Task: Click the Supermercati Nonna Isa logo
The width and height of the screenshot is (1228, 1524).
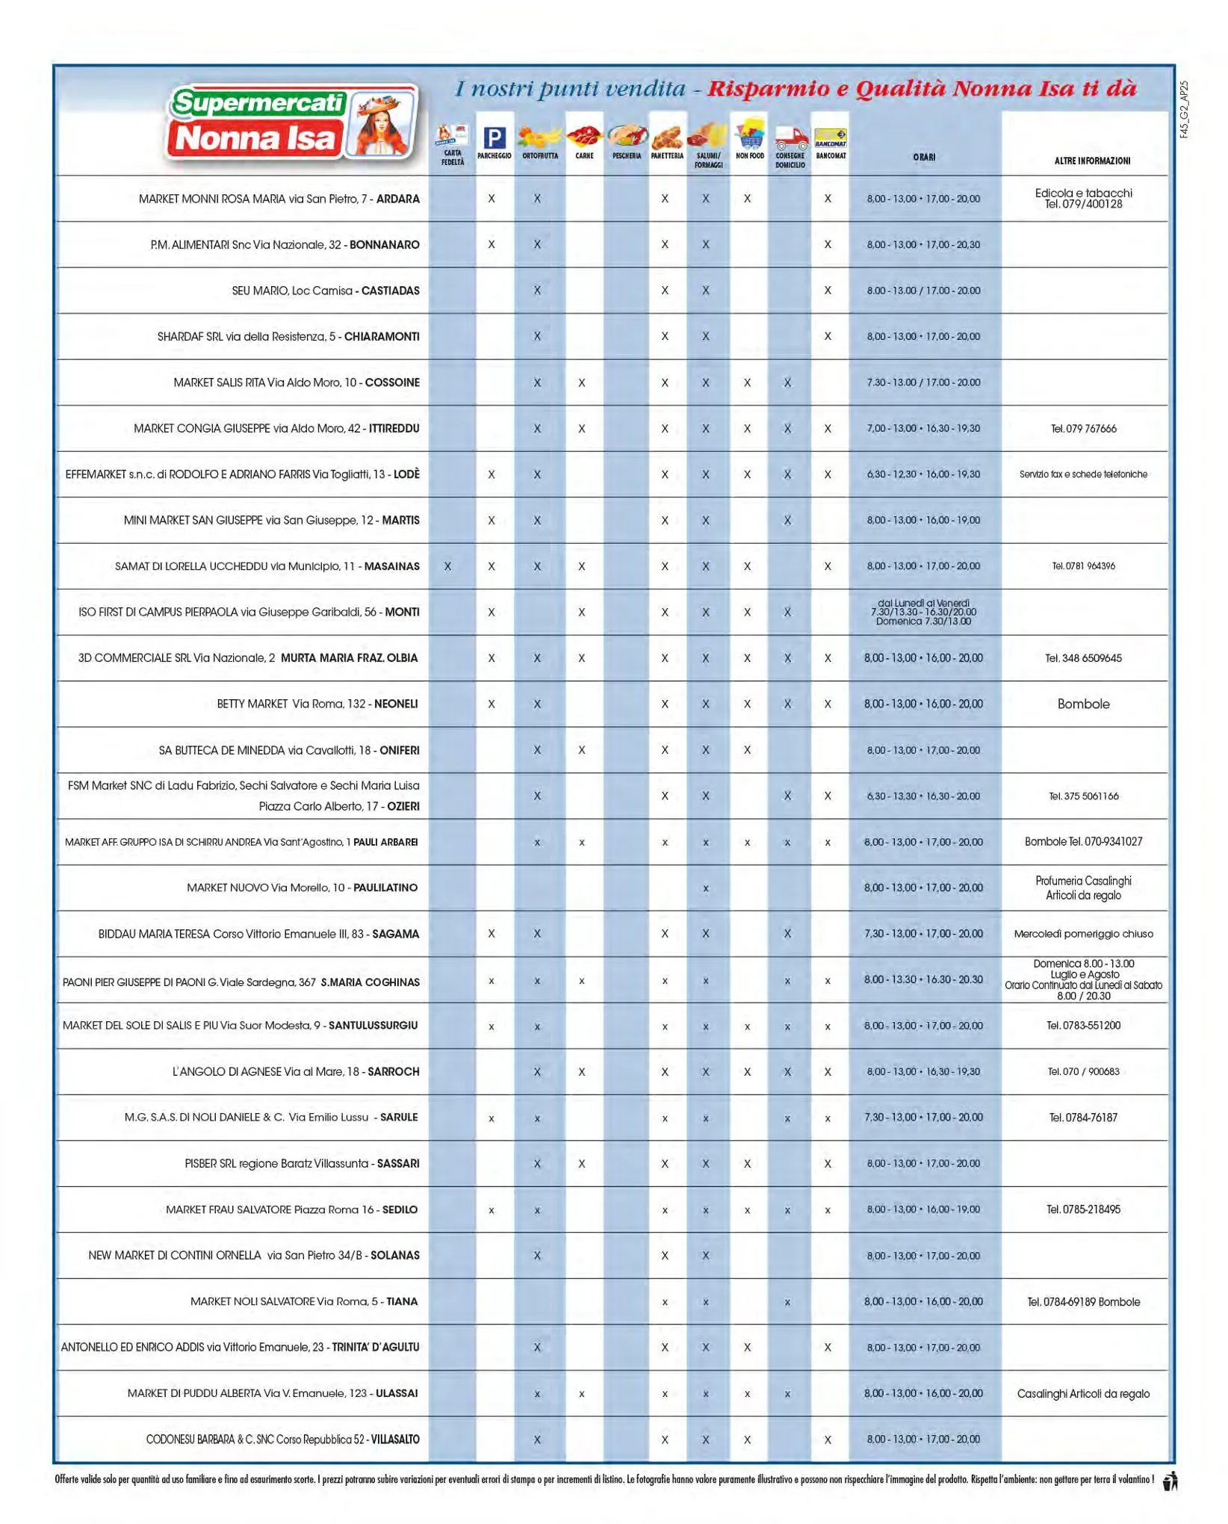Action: coord(291,123)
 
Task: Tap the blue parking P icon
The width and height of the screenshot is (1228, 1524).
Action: coord(494,137)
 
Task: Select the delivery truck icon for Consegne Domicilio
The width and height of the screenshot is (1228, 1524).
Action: coord(790,139)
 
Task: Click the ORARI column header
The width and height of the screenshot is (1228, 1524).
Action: coord(923,157)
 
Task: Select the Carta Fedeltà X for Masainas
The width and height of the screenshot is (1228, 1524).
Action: coord(447,566)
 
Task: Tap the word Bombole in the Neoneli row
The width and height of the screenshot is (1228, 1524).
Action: coord(1083,704)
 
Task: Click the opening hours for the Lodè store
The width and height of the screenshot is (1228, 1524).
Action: coord(923,474)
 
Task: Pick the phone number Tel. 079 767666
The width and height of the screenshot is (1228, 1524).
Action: coord(1083,429)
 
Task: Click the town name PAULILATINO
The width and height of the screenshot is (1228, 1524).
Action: coord(385,888)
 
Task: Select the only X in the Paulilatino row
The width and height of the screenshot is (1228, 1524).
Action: coord(705,888)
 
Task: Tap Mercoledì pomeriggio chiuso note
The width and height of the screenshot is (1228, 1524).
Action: coord(1083,934)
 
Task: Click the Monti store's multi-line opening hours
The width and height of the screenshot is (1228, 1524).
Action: coord(923,612)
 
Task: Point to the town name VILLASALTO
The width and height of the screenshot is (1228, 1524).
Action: coord(395,1439)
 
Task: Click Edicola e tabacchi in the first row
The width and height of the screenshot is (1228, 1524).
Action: coord(1083,193)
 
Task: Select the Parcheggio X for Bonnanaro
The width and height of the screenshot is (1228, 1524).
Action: coord(491,244)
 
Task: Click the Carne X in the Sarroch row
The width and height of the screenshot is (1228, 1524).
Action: coord(581,1071)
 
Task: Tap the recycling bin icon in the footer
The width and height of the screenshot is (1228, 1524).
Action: coord(1170,1481)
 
